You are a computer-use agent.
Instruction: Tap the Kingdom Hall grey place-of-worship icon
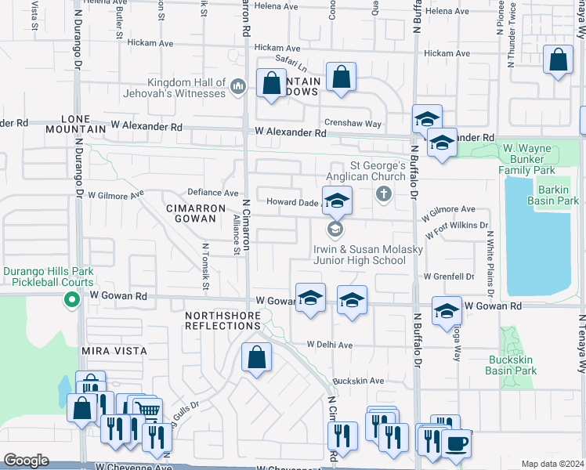[x=238, y=88]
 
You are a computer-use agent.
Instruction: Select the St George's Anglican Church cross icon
[x=383, y=193]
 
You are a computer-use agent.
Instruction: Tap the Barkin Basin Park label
[x=557, y=195]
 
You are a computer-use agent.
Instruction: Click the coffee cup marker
[x=457, y=444]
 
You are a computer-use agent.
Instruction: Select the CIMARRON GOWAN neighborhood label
[x=190, y=213]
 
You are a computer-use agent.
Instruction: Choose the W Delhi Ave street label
[x=330, y=345]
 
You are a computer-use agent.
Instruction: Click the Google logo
[x=27, y=460]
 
